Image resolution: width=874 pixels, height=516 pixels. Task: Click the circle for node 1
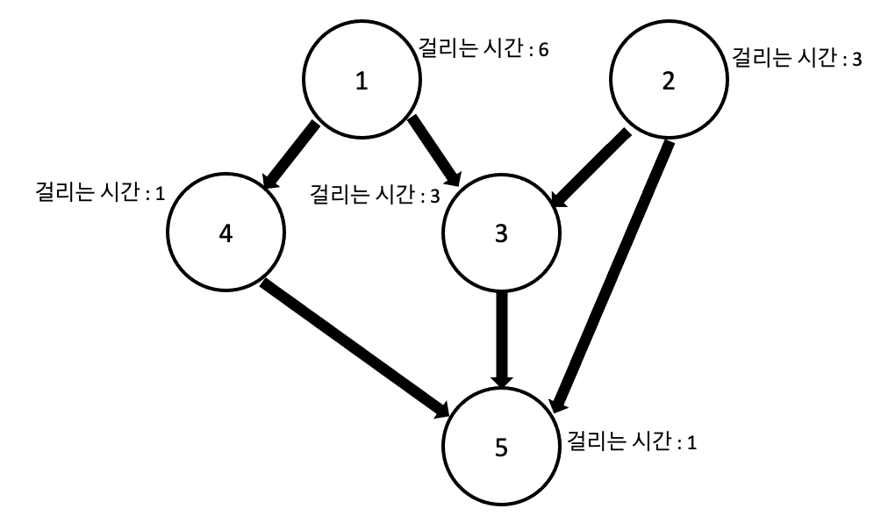361,82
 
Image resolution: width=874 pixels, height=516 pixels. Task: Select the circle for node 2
668,82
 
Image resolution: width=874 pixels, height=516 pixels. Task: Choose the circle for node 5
501,448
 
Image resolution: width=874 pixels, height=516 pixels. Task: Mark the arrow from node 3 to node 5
502,338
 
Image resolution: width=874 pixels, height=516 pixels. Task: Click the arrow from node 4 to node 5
355,348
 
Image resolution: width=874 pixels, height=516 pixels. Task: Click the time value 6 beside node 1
544,50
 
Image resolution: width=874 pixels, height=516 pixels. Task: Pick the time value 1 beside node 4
160,193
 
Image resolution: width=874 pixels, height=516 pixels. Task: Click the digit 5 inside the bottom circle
501,448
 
